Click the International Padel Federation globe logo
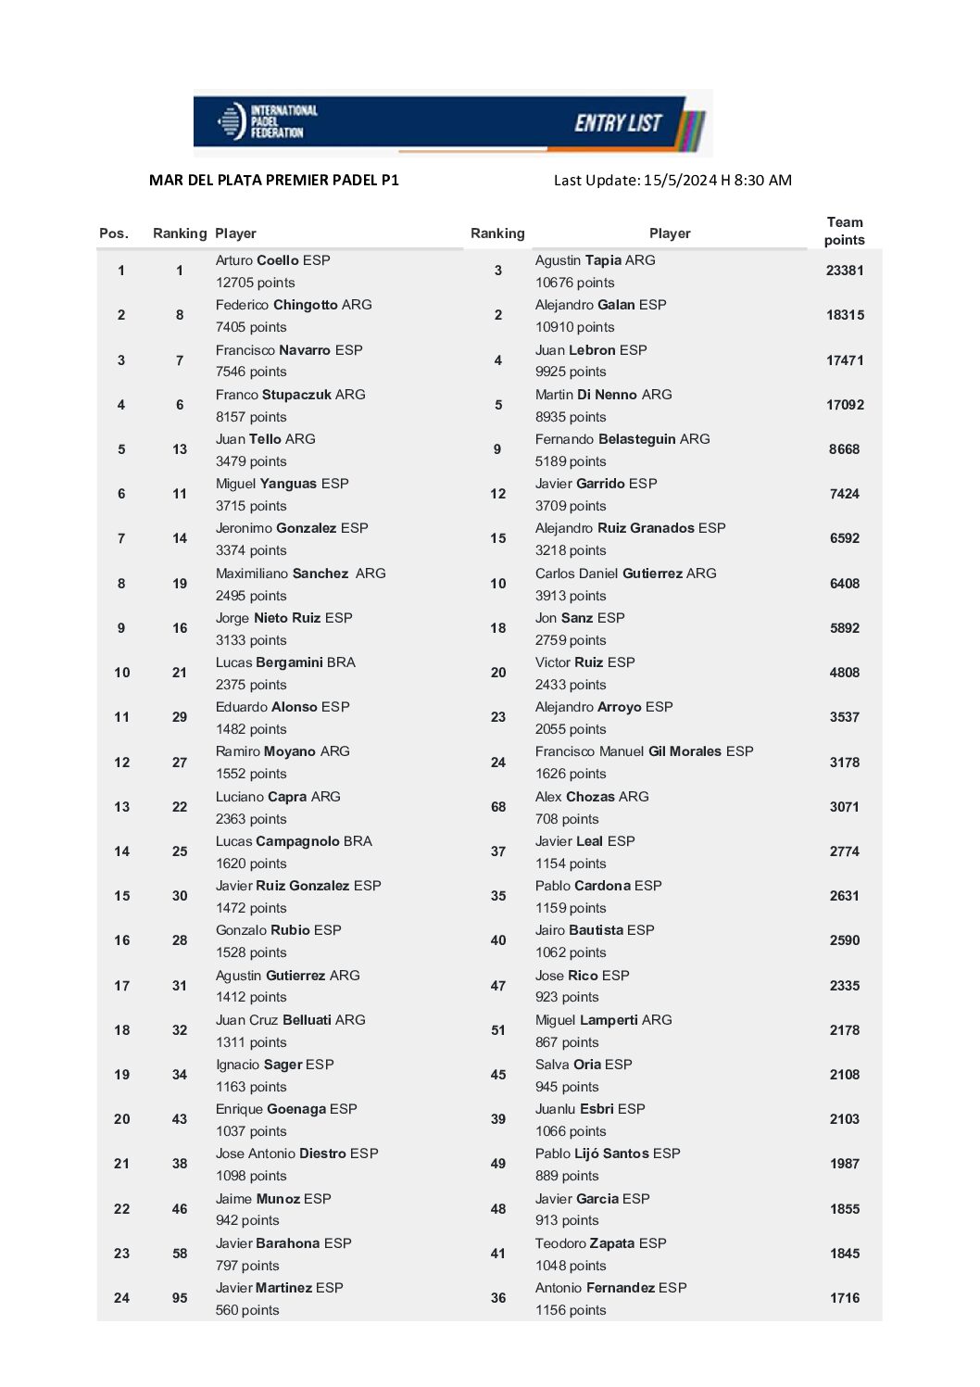click(x=231, y=121)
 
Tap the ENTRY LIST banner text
click(x=618, y=122)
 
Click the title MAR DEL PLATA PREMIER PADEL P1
click(x=274, y=180)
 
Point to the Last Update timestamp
click(x=672, y=180)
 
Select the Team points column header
click(x=844, y=231)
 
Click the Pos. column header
click(x=114, y=233)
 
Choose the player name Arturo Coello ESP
click(x=272, y=260)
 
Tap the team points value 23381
click(x=845, y=271)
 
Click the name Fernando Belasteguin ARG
click(x=622, y=439)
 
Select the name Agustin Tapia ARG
click(x=595, y=260)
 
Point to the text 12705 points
click(x=255, y=283)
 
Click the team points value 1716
click(x=845, y=1298)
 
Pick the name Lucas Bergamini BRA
click(x=285, y=662)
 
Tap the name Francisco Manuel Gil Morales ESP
click(x=644, y=751)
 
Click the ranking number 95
click(x=180, y=1298)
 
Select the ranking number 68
click(x=498, y=807)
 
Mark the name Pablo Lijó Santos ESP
click(x=608, y=1154)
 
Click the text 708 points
click(x=567, y=819)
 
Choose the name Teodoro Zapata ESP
click(x=600, y=1243)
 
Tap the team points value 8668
click(x=845, y=449)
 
